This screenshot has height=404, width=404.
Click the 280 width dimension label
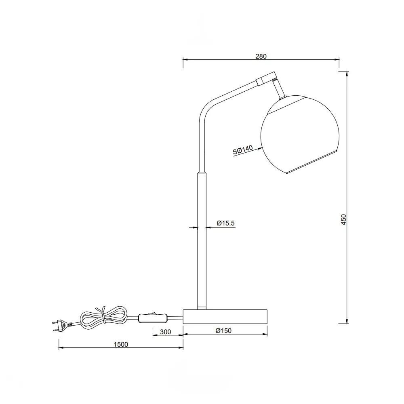tap(261, 56)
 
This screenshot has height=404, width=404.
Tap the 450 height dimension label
tap(344, 219)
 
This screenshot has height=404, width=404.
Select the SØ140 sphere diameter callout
tap(243, 150)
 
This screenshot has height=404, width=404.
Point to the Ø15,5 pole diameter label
tap(226, 223)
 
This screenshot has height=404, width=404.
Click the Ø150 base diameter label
tap(224, 330)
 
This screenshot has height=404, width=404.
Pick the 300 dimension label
tap(165, 332)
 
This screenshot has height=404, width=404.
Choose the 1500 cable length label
tap(120, 345)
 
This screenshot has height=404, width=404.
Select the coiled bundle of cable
tap(103, 317)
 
